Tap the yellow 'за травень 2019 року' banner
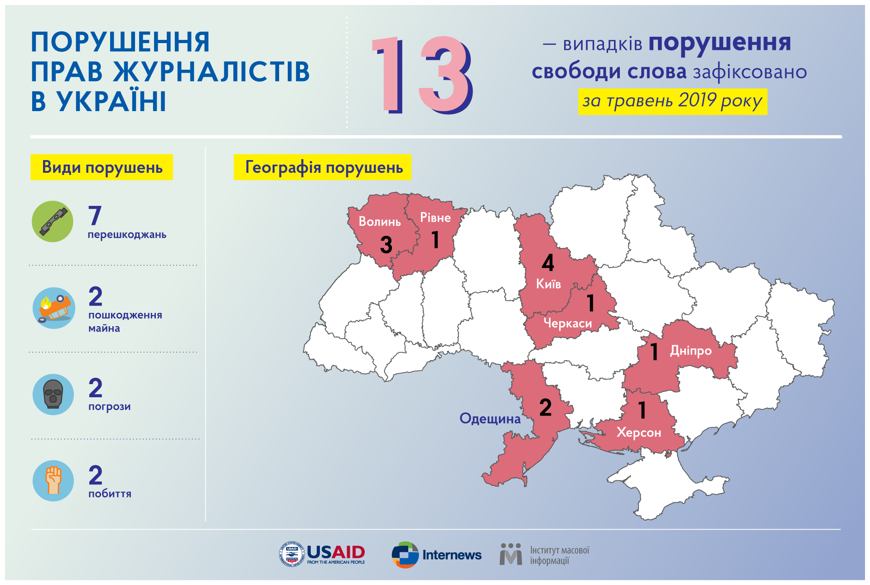pos(672,102)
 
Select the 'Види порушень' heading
pos(101,167)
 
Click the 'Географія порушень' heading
pos(322,167)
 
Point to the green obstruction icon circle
pos(53,221)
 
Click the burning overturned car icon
pos(54,308)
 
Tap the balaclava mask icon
pos(53,395)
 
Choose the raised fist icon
pos(53,481)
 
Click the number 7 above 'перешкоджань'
pos(95,215)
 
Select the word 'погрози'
pos(110,407)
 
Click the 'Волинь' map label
pos(380,222)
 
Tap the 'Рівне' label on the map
pos(435,218)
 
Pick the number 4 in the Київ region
pos(548,263)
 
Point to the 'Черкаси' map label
pos(568,323)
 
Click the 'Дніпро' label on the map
pos(691,351)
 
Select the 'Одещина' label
pos(490,418)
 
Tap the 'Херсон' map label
pos(639,433)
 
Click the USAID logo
pos(322,554)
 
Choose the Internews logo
pos(436,555)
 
